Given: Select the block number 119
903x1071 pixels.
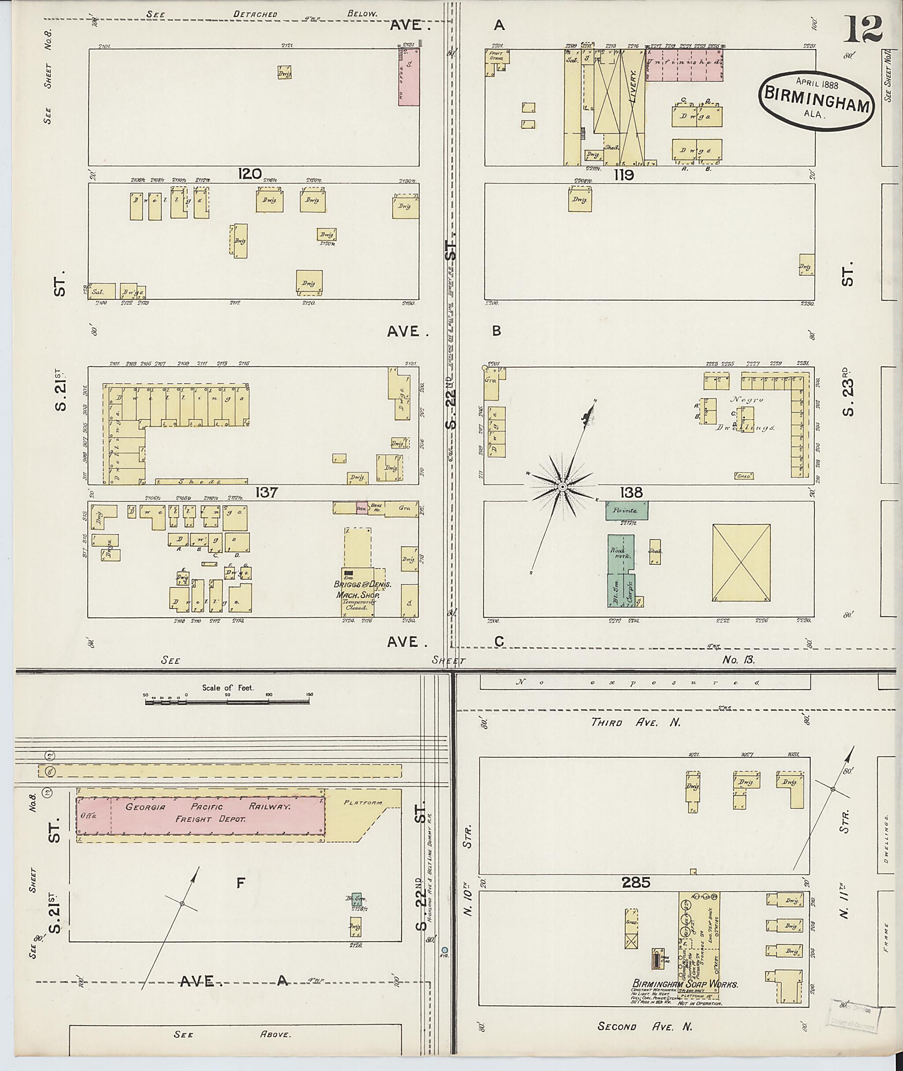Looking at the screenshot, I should pyautogui.click(x=623, y=175).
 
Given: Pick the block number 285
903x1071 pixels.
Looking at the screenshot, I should pyautogui.click(x=636, y=883).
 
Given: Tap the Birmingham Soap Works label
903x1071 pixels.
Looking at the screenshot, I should pyautogui.click(x=685, y=984).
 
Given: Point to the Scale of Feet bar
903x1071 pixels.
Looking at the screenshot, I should pyautogui.click(x=227, y=702).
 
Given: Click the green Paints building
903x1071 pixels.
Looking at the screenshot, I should pyautogui.click(x=627, y=511).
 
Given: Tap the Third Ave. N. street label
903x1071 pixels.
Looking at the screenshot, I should pyautogui.click(x=636, y=722).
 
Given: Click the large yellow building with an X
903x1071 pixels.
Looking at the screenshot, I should pyautogui.click(x=741, y=562).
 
